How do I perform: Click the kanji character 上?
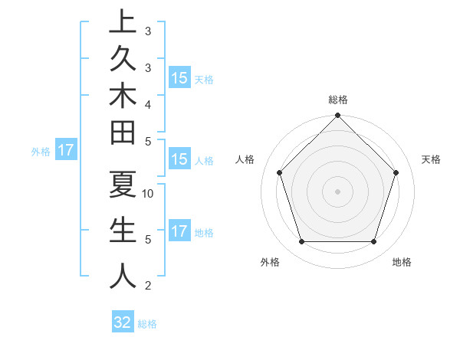click(123, 22)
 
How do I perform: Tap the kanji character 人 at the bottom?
click(123, 276)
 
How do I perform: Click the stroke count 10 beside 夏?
click(149, 194)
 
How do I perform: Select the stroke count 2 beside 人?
click(148, 286)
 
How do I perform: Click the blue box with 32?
click(123, 322)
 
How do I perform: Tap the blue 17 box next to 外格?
click(66, 151)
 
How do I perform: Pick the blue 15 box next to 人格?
click(179, 160)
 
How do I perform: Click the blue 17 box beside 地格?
click(179, 231)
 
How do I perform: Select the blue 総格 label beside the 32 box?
click(147, 324)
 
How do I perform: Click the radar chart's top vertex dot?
click(337, 117)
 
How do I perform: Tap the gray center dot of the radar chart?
click(337, 191)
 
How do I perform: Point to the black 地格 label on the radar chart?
click(402, 263)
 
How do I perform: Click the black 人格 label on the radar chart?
click(245, 159)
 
